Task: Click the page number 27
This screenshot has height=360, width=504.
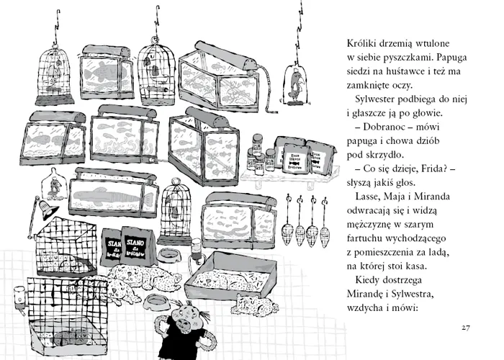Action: (466, 328)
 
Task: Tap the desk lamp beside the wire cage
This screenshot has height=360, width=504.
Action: (46, 209)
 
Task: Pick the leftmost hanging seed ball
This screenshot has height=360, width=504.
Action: (286, 232)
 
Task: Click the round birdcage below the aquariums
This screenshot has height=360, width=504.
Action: (176, 204)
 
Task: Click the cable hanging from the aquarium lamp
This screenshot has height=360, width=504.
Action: (266, 79)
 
